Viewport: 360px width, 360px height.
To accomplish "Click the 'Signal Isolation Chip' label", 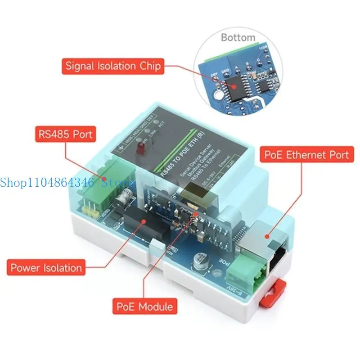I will click(113, 66).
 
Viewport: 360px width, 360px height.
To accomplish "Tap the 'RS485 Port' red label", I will click(65, 134).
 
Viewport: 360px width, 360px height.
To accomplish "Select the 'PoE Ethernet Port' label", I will click(306, 155).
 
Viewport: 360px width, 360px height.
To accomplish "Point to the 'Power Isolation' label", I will click(46, 268).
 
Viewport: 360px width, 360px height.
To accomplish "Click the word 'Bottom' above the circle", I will click(238, 37).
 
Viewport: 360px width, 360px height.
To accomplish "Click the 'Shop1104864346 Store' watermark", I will click(67, 182).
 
